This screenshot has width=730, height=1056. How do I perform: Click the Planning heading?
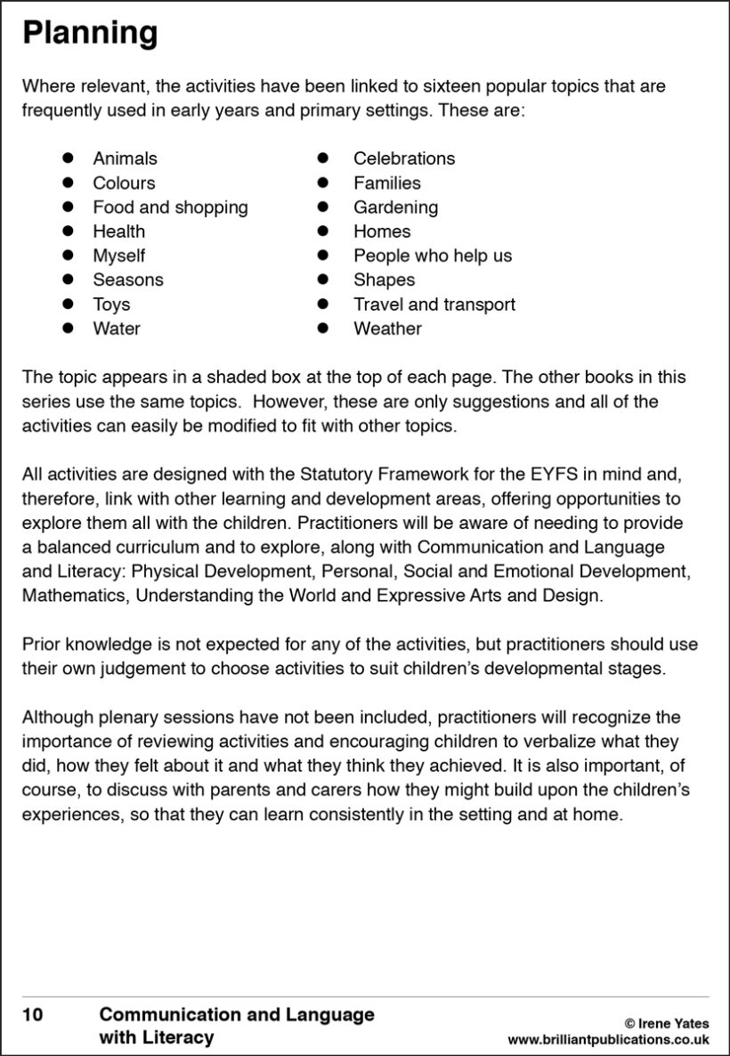coord(90,34)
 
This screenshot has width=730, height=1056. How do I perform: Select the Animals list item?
coord(125,158)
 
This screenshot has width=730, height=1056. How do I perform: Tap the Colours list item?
coord(124,183)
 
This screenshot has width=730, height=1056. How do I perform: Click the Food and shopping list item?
coord(170,207)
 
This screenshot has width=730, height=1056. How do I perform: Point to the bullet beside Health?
coord(67,232)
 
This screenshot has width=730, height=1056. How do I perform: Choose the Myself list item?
coord(118,256)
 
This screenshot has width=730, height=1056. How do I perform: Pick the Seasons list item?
coord(128,280)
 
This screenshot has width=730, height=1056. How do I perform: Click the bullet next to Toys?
coord(67,304)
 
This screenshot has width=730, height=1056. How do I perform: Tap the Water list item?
coord(117,329)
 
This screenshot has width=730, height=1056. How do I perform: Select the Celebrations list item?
coord(403,158)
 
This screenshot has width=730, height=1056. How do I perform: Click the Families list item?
coord(386,183)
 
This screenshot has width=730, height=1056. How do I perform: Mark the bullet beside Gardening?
coord(324,207)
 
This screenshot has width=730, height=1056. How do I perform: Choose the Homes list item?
coord(382,232)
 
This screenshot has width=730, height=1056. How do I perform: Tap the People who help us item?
coord(433,256)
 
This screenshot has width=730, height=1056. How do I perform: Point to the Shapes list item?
coord(384,280)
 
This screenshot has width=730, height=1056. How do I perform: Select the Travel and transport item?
coord(434,305)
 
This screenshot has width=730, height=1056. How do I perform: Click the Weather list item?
coord(387,329)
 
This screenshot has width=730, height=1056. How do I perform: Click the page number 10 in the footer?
coord(32,1014)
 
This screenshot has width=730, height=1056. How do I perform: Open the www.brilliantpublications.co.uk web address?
coord(608,1039)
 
